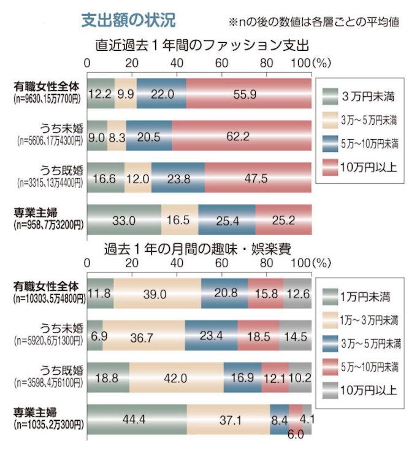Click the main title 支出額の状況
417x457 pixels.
pos(129,20)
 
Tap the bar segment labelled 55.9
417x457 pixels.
pos(248,94)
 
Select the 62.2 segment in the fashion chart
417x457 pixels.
pos(241,135)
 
